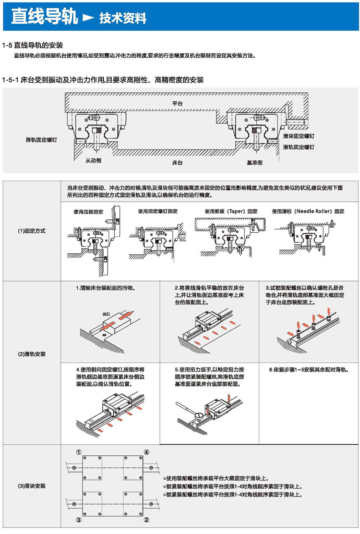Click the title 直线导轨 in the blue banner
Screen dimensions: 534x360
[x=44, y=17]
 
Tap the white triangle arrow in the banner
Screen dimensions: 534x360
[x=88, y=17]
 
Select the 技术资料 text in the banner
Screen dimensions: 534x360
[x=123, y=18]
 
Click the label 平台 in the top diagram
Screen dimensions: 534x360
[x=177, y=103]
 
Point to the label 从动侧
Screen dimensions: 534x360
[x=93, y=160]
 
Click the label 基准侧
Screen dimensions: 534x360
[x=255, y=163]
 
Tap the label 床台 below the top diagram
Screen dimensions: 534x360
[x=177, y=163]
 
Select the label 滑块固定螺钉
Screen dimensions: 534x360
[x=298, y=136]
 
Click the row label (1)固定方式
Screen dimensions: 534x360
[x=32, y=231]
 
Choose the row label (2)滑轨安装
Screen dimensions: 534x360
[x=32, y=354]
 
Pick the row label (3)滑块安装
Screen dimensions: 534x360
[x=32, y=486]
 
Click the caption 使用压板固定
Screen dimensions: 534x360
[x=88, y=212]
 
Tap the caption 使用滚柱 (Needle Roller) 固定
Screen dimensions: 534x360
[x=308, y=211]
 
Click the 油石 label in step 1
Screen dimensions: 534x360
[x=106, y=314]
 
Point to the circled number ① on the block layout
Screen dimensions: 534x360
[x=79, y=452]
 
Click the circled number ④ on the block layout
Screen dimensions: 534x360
[x=147, y=452]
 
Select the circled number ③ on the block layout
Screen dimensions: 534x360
[x=79, y=520]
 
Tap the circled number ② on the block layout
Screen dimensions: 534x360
[x=147, y=520]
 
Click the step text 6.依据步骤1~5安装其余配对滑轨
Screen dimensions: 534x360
[x=309, y=369]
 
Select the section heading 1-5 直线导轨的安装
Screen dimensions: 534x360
[x=33, y=45]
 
